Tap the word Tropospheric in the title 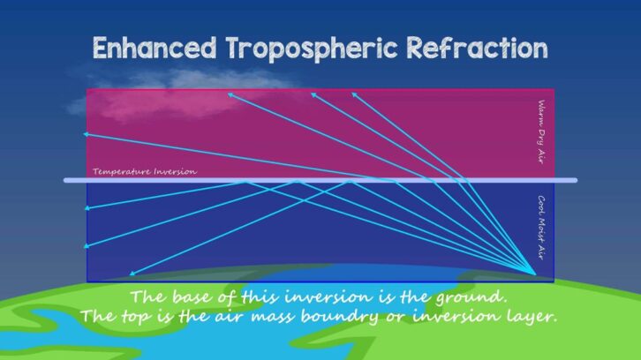[312, 49]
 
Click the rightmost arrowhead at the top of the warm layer [352, 93]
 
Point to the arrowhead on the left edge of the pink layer [86, 134]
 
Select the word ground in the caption [471, 296]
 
